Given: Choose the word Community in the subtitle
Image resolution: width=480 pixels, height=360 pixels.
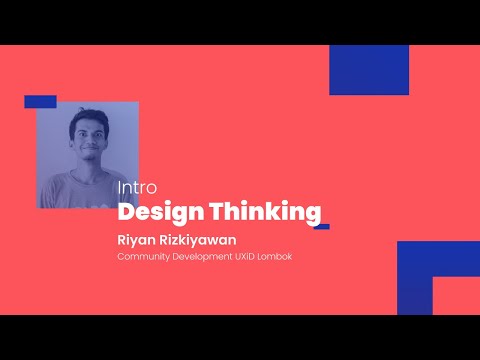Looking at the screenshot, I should click(x=143, y=258).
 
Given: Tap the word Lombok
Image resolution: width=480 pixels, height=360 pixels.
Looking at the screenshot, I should click(x=284, y=258).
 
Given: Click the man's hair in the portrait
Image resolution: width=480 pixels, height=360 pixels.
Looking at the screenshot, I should click(x=87, y=120).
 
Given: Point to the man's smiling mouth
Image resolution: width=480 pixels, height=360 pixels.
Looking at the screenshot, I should click(x=89, y=156).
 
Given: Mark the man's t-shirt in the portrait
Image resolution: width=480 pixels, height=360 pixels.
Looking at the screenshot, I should click(x=80, y=190).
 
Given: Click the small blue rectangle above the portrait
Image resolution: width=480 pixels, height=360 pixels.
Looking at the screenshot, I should click(x=40, y=102).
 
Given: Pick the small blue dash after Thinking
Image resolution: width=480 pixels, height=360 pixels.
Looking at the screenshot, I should click(x=321, y=226).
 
